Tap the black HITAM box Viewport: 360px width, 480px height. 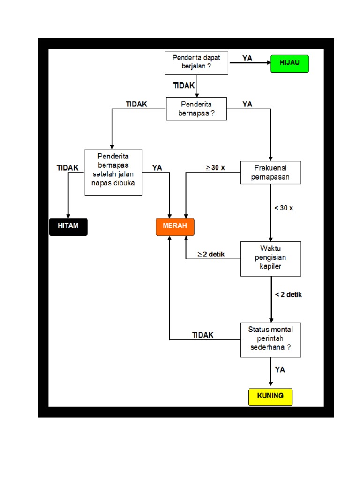tap(68, 226)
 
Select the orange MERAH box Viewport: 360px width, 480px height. tap(175, 226)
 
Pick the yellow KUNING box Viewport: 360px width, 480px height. tap(270, 396)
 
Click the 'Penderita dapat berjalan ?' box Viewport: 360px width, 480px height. tap(196, 62)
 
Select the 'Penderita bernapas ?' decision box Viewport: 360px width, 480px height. tap(196, 109)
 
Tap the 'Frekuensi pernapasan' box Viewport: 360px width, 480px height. tap(271, 172)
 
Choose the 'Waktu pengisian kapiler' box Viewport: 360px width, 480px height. tap(271, 259)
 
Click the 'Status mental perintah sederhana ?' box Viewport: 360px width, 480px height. tap(271, 339)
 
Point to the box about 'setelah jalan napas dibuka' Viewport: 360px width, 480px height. tap(113, 172)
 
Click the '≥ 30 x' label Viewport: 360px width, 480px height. tap(215, 168)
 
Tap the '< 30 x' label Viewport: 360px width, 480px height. tap(284, 208)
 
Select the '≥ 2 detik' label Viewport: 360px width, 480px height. tap(211, 255)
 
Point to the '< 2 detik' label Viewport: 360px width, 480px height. tap(288, 295)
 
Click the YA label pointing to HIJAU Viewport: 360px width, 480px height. tap(247, 58)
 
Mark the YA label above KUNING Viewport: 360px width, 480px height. tap(280, 370)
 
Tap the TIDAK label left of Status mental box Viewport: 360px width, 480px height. tap(202, 335)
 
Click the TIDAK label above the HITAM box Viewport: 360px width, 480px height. tap(67, 167)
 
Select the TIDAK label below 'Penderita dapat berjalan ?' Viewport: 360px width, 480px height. tap(184, 85)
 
